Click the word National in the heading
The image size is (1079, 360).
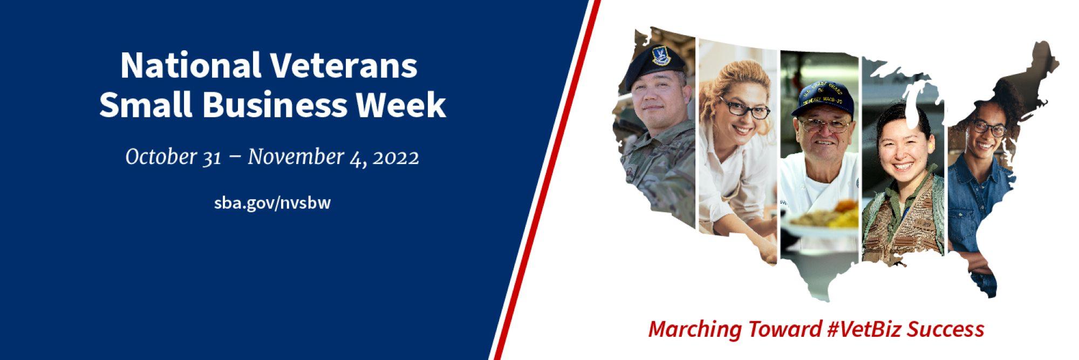pos(189,66)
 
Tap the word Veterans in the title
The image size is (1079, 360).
pos(343,66)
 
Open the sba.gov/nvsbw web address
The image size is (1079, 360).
pos(272,203)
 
